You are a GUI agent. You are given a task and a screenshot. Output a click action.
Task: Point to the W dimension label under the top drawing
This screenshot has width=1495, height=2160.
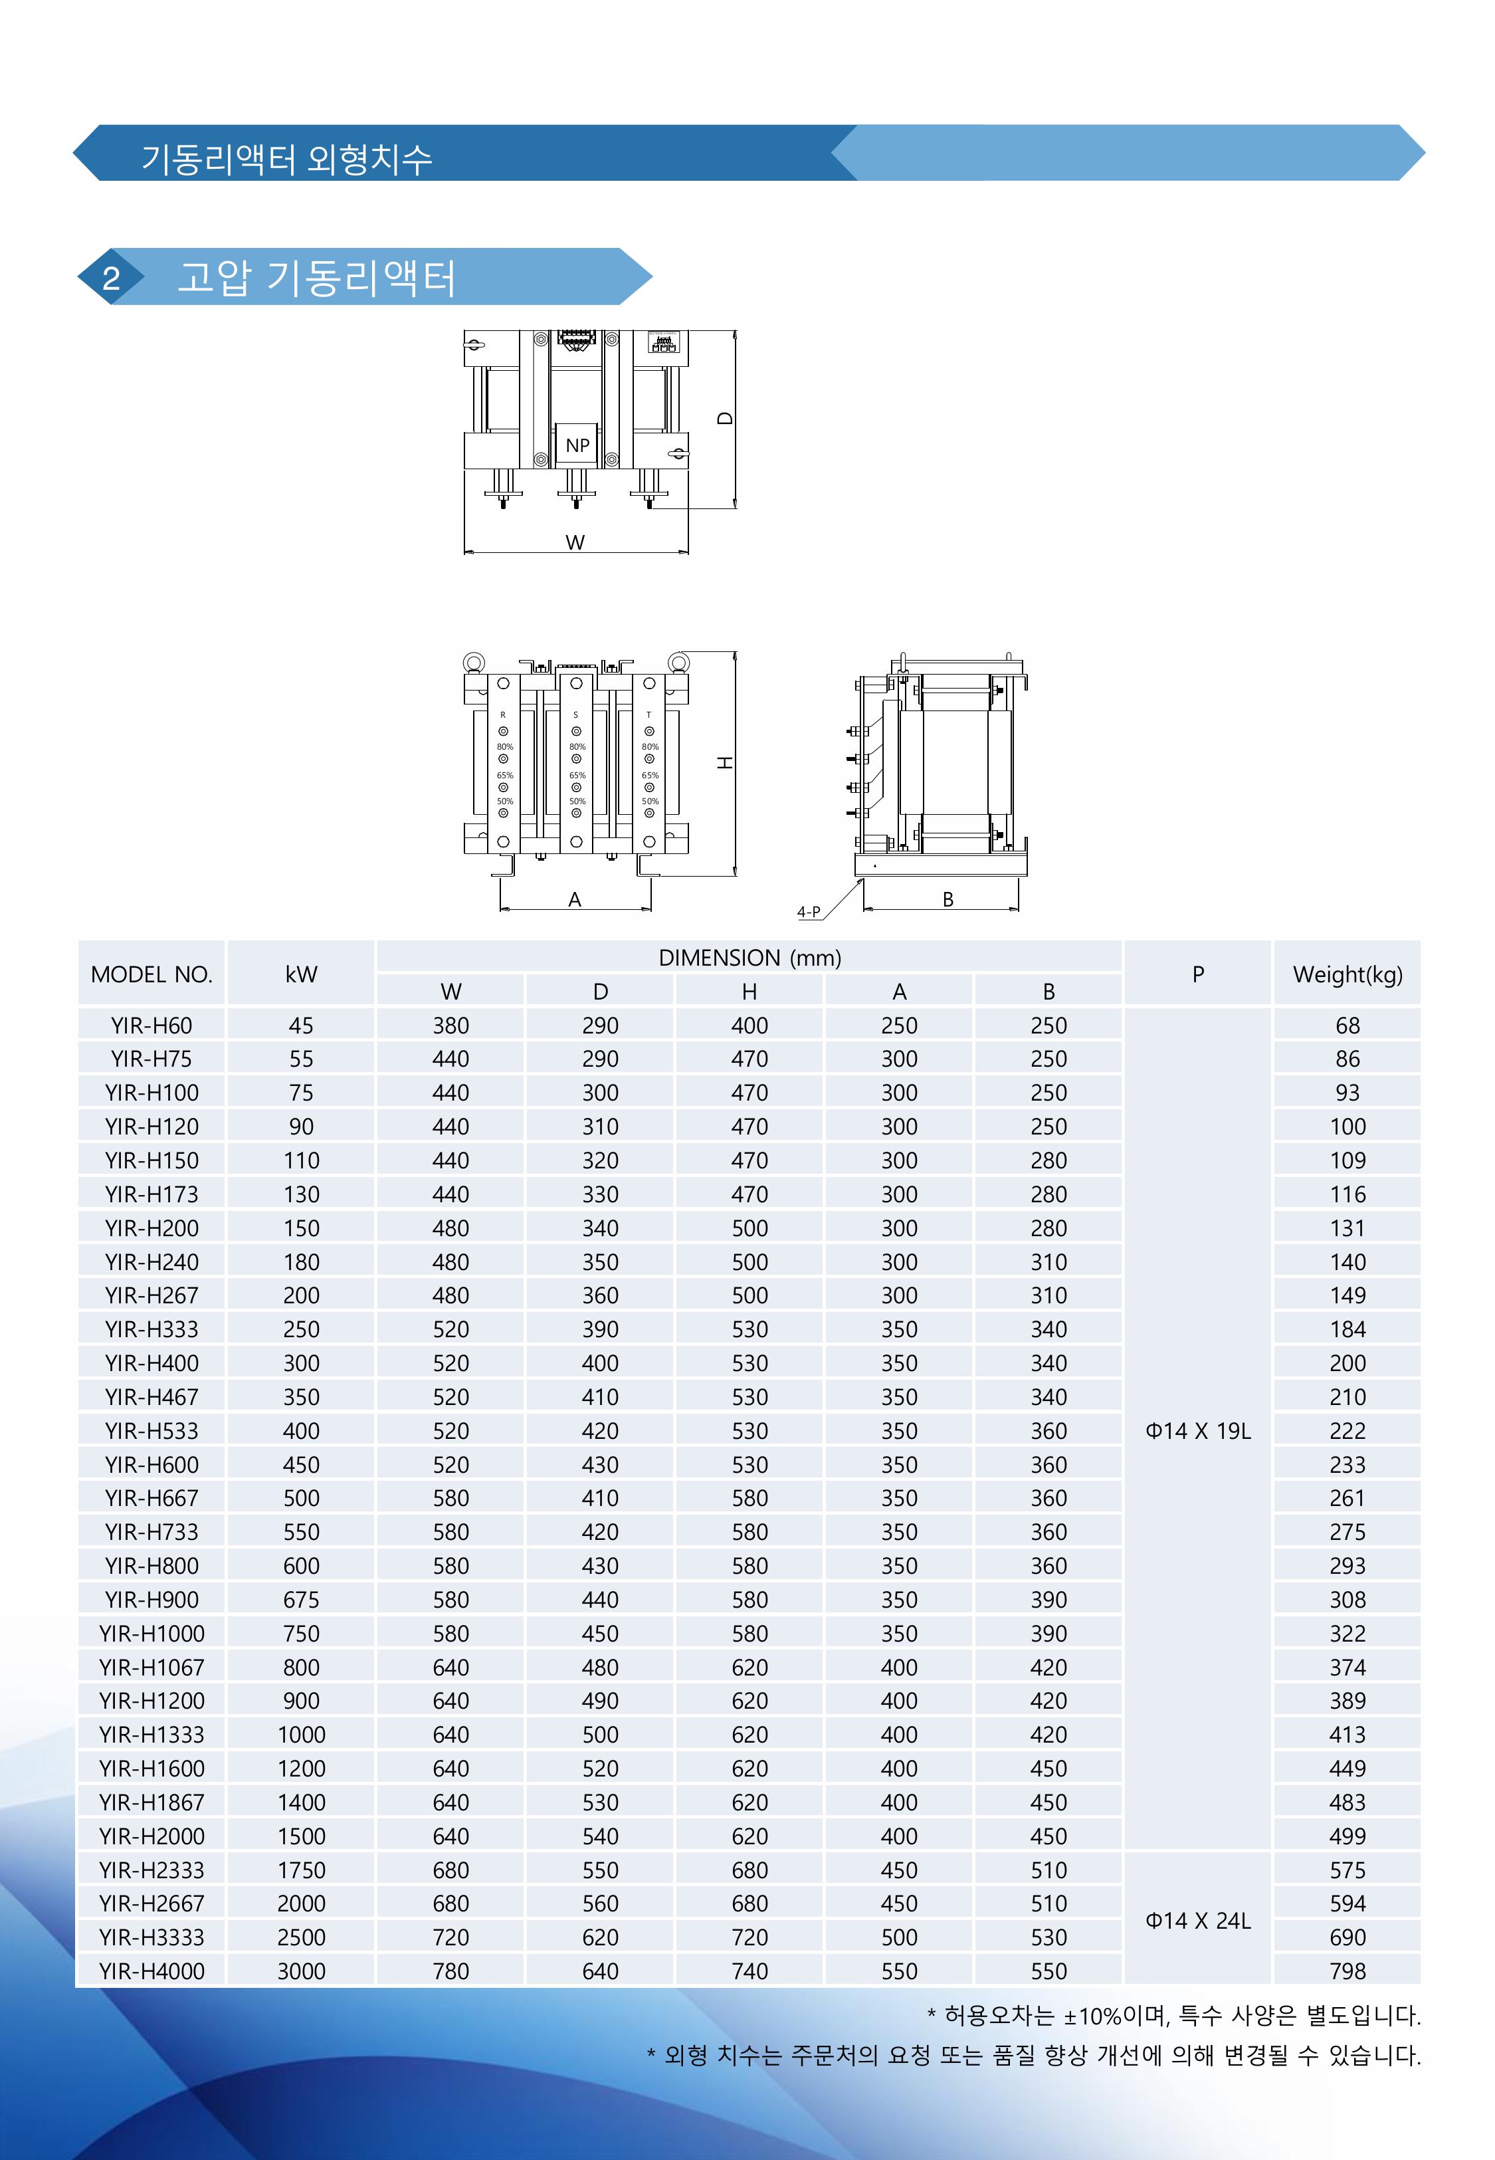pyautogui.click(x=575, y=542)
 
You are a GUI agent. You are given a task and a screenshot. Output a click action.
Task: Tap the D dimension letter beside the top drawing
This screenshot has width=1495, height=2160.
pyautogui.click(x=724, y=418)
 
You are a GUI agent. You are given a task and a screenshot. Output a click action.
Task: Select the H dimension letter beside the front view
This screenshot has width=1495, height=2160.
pyautogui.click(x=724, y=764)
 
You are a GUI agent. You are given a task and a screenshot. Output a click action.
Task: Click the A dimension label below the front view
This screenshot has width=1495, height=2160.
pyautogui.click(x=575, y=899)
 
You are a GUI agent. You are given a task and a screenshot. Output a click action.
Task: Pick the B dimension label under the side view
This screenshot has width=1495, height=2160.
pyautogui.click(x=948, y=899)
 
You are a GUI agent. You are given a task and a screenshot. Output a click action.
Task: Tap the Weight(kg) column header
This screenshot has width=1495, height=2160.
pyautogui.click(x=1347, y=974)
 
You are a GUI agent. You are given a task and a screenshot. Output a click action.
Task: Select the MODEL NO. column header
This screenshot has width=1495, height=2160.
pyautogui.click(x=151, y=974)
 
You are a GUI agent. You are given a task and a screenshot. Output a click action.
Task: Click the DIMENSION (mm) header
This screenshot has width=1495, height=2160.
pyautogui.click(x=749, y=957)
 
